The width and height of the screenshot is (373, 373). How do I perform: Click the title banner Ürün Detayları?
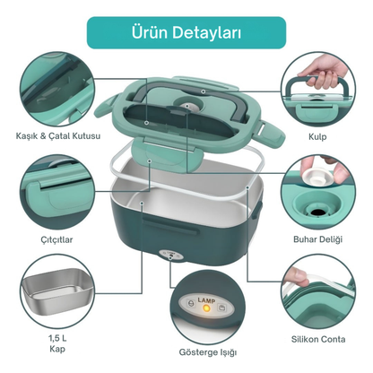tap(186, 32)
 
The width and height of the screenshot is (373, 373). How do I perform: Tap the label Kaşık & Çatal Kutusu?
tap(58, 136)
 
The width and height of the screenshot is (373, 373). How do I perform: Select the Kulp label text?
tap(317, 137)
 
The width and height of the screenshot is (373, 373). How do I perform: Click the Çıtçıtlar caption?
tap(56, 239)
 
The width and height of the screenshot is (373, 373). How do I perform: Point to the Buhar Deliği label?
tap(317, 239)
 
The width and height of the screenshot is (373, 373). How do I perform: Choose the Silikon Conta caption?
tap(318, 339)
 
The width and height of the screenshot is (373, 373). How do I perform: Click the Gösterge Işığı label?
tap(208, 352)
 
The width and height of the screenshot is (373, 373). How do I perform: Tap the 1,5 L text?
tap(57, 338)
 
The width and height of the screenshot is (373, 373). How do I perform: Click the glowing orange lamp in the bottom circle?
tap(205, 308)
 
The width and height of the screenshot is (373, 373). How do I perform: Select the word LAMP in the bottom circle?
tap(206, 299)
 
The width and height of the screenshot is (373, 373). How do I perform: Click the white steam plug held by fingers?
tap(317, 175)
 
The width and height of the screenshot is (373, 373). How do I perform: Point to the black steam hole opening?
tap(317, 213)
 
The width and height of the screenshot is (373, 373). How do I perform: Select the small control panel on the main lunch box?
tap(171, 255)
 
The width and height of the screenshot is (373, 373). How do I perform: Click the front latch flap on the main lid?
tap(166, 155)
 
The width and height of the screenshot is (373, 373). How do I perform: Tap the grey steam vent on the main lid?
tap(187, 106)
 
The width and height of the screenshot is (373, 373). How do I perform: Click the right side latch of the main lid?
tap(272, 134)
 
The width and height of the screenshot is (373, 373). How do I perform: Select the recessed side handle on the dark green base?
tap(171, 227)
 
